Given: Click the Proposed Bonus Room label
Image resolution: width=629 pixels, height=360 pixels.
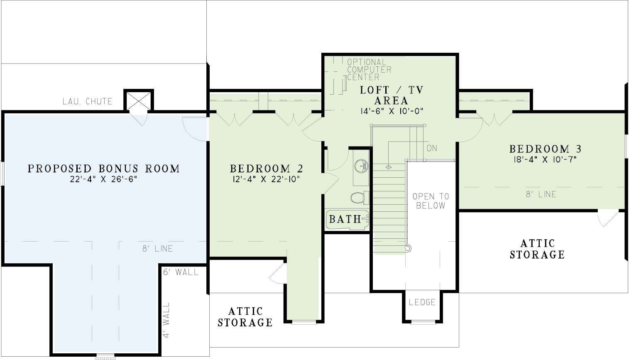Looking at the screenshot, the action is pos(104,169).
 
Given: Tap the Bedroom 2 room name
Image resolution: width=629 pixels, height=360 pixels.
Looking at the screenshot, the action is pos(267,169).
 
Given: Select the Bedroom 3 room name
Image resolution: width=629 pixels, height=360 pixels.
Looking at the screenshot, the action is pos(545,149).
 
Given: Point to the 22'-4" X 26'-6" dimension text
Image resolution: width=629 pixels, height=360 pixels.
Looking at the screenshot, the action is pos(104,179).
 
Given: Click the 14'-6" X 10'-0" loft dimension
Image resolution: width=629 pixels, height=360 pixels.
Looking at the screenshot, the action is pos(392,111).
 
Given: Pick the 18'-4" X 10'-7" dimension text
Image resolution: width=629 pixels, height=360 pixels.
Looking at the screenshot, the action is pos(545,159).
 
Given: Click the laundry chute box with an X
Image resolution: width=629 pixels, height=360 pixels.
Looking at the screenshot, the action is pos(139,100).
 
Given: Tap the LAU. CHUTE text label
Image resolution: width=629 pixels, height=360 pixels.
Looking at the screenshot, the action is pos(87,101).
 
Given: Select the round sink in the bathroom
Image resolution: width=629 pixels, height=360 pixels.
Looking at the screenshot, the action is pos(361,166).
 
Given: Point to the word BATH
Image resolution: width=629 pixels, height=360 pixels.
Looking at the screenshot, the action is pos(345,219).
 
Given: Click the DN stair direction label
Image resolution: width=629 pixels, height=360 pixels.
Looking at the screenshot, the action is pos(432,148).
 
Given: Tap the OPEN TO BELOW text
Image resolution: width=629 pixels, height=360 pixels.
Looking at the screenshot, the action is pos(431,201).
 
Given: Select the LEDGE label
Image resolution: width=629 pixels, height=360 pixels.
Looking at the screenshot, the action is pos(422,302).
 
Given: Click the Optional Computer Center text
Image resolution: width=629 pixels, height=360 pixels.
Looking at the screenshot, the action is pos(369,69).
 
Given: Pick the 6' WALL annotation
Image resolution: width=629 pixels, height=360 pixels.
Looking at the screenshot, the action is pos(181,272).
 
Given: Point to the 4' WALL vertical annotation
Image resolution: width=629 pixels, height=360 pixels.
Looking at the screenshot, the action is pos(166,320).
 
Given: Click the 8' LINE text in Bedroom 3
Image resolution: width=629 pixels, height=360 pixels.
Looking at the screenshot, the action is pos(541,194).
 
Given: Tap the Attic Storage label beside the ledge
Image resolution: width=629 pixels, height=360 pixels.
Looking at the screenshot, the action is pos(245,317).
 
